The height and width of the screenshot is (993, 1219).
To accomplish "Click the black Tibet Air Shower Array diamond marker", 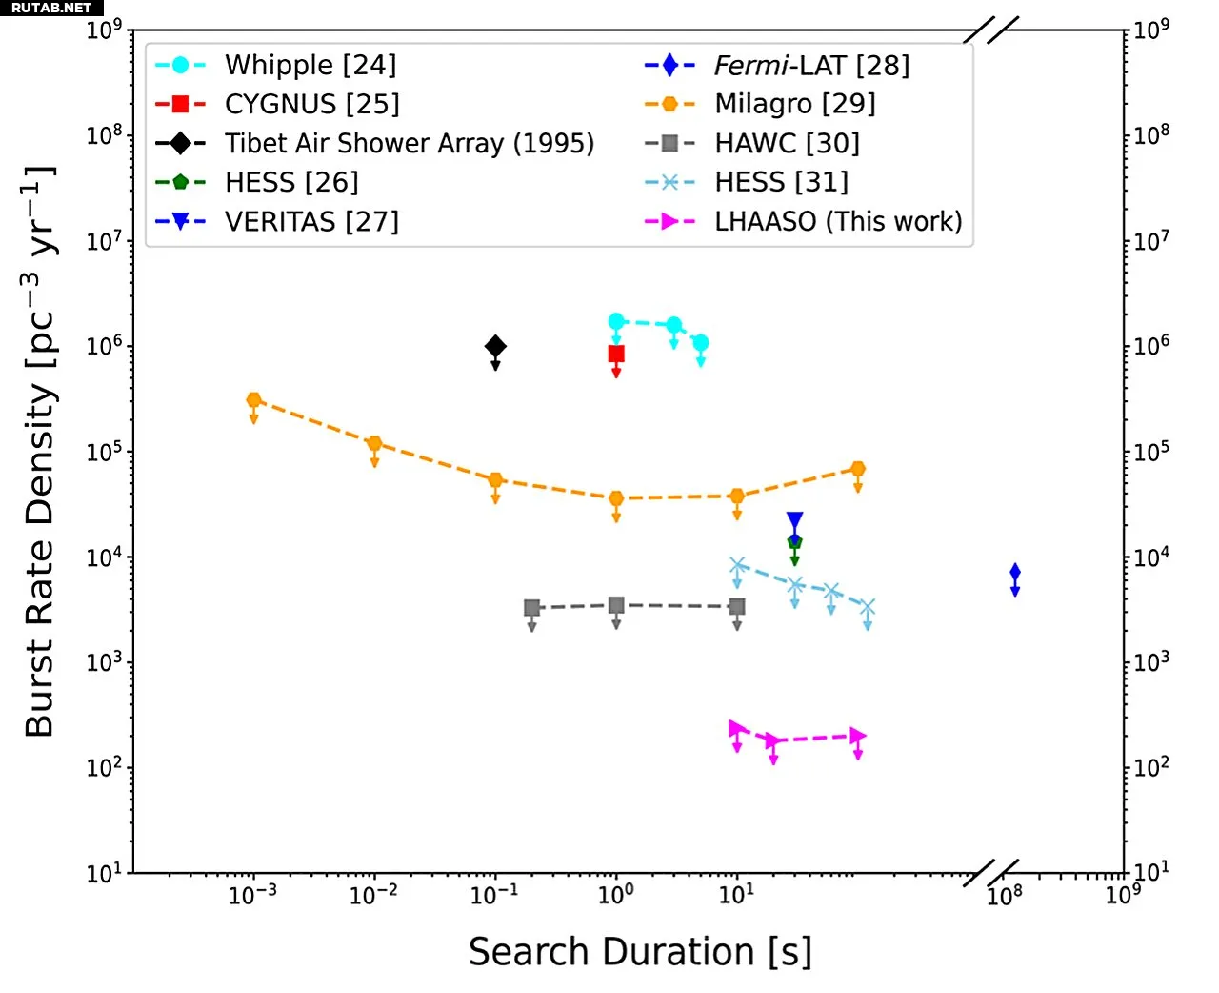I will (x=495, y=346).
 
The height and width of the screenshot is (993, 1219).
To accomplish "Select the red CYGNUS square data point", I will (x=616, y=355).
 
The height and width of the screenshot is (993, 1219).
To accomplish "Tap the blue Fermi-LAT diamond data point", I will (x=1015, y=572).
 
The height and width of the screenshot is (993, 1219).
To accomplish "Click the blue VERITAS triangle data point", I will (x=794, y=520).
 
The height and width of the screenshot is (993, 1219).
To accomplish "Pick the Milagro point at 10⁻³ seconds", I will (x=254, y=400).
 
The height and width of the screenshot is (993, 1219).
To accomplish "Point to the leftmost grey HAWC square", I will (x=532, y=608).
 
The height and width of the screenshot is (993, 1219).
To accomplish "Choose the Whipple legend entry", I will (x=310, y=65).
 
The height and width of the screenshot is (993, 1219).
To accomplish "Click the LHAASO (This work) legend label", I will (x=838, y=221).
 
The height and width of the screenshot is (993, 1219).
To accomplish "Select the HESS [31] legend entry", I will (x=781, y=182).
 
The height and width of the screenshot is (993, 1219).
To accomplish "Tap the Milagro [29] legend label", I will (x=795, y=104).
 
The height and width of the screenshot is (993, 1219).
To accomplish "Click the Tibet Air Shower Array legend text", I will (x=410, y=143).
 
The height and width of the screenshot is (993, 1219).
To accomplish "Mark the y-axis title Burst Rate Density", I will (x=40, y=453).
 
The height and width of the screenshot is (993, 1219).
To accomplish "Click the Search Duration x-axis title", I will (x=640, y=952).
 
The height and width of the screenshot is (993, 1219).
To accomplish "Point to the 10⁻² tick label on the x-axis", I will (x=373, y=895).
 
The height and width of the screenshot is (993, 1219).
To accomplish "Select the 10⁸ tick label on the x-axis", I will (x=1004, y=895).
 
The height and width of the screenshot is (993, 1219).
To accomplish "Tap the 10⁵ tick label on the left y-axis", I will (x=105, y=452).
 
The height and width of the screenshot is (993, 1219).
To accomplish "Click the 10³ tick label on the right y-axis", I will (x=1151, y=661).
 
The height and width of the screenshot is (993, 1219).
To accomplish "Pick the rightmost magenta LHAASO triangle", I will (x=858, y=736).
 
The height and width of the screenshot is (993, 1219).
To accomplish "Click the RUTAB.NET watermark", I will (x=51, y=8).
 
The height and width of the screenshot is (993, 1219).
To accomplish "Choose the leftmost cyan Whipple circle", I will (x=616, y=321).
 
